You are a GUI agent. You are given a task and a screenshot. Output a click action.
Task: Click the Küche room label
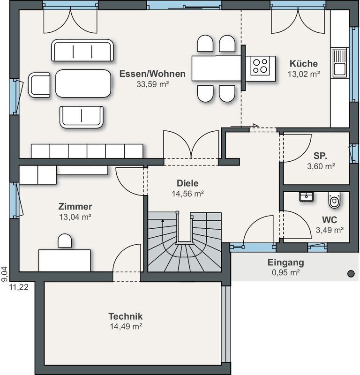coord(304,63)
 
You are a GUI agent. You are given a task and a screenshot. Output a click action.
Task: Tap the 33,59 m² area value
coord(153,84)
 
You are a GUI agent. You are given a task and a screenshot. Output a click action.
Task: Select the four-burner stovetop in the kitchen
coord(260,66)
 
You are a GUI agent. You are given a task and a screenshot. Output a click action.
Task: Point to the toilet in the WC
coord(334,200)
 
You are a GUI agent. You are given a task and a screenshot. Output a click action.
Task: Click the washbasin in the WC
coord(306,196)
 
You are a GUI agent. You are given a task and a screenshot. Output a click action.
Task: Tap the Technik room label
coord(125,316)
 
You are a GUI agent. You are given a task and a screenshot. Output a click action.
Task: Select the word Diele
coord(187,183)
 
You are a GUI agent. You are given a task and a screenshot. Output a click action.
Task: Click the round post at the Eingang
coord(351,274)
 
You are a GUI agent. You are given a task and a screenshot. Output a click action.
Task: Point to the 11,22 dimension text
coord(19,287)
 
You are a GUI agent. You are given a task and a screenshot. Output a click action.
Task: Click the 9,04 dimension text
coord(5,274)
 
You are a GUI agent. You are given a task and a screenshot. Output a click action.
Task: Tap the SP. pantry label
coord(320,156)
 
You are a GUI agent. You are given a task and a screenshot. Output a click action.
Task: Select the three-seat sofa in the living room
coord(82,51)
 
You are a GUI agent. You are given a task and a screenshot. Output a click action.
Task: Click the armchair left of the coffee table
coord(39,85)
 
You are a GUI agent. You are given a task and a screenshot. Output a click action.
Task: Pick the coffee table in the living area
coord(83,83)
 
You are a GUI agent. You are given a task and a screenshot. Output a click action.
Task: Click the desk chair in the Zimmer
coord(65,240)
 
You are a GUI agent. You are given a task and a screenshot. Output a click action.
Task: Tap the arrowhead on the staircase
coord(163,221)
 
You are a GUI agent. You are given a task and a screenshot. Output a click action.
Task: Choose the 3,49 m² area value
coord(330,230)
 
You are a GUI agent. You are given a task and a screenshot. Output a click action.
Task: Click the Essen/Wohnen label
coord(152,74)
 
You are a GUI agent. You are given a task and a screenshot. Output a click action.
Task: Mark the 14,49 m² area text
coord(126,326)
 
